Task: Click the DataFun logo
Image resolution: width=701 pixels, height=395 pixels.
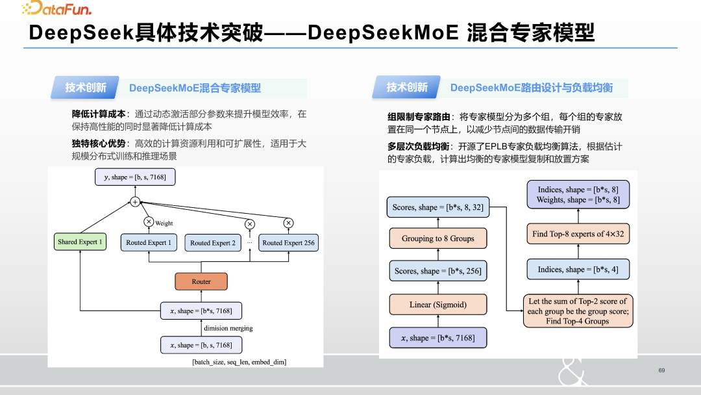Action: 56,8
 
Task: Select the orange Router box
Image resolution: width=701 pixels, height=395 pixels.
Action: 201,281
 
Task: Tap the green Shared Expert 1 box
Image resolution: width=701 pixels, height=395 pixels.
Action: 80,242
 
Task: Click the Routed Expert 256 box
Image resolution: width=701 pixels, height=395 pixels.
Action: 288,242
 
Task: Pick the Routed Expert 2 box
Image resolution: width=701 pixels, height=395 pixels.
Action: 213,243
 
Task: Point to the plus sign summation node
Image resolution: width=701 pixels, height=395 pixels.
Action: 135,202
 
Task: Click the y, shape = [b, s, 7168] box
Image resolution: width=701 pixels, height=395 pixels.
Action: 135,177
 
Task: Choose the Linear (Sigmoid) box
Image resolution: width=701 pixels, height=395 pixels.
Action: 437,304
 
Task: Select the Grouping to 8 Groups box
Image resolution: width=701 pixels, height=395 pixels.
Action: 437,238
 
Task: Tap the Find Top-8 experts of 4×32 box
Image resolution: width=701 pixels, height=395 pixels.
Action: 578,234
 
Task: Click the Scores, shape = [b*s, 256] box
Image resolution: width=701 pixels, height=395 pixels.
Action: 437,271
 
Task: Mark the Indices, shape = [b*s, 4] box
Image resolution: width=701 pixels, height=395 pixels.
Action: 578,269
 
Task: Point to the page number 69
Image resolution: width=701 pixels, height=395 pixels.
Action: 661,370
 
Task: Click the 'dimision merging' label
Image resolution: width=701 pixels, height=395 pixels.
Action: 228,328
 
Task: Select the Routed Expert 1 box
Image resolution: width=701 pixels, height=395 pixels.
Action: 149,242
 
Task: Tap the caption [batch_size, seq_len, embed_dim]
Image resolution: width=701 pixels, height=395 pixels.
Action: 240,362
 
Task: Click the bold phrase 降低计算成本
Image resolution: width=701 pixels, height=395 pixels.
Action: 99,114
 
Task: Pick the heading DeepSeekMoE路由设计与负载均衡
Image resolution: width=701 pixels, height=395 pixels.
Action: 531,88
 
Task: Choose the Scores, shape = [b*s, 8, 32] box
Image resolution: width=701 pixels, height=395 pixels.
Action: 437,207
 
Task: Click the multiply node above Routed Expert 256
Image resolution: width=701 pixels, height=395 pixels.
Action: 288,223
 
